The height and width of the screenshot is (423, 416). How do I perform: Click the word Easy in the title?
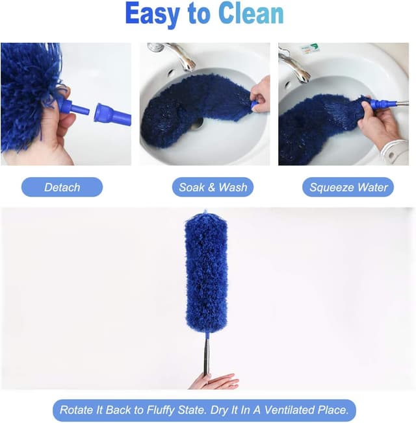tap(153, 14)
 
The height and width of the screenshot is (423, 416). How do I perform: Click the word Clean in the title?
tap(251, 14)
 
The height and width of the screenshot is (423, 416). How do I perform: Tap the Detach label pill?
tap(62, 187)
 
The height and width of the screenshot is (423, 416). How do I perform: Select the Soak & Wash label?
tap(213, 187)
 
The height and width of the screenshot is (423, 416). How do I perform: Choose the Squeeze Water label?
tap(348, 187)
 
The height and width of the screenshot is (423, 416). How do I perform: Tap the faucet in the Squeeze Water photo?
tap(294, 65)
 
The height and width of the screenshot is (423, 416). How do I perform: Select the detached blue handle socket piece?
tap(112, 114)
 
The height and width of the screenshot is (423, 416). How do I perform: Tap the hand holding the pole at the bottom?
tap(214, 381)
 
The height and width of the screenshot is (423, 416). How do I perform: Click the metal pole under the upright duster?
tap(206, 356)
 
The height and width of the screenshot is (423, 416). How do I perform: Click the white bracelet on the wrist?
tap(395, 152)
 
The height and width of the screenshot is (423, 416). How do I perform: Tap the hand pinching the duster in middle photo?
tap(260, 95)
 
